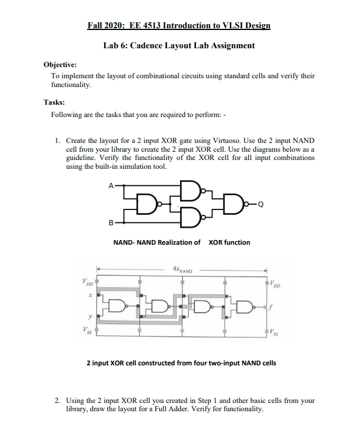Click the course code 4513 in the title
pos(149,26)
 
